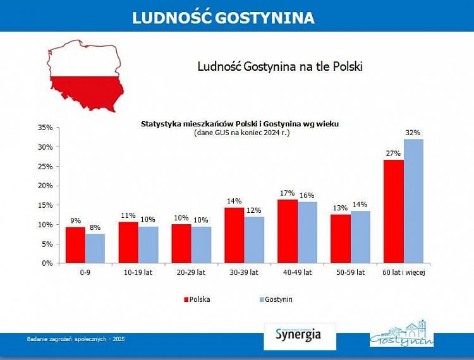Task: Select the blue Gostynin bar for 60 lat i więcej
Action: (x=413, y=201)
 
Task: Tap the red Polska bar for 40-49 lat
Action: (x=288, y=231)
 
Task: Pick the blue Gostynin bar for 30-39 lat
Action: (x=254, y=240)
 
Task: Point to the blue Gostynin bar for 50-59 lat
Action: (x=360, y=237)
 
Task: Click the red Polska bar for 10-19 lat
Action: (x=128, y=243)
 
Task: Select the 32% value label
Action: (x=413, y=133)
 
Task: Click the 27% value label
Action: (x=393, y=153)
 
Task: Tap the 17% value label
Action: (x=288, y=193)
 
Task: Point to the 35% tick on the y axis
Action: (x=44, y=128)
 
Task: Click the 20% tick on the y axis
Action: (x=44, y=186)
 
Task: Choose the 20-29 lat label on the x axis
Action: (x=192, y=273)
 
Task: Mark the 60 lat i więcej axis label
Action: (x=403, y=273)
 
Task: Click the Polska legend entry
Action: (x=197, y=299)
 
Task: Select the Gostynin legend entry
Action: (x=276, y=299)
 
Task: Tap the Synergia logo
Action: (x=298, y=335)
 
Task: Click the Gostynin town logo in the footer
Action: (x=401, y=333)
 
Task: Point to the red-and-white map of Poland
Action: (x=85, y=76)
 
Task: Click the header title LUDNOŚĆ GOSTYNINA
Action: (x=223, y=18)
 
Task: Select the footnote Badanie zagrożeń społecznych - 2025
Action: (x=76, y=339)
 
